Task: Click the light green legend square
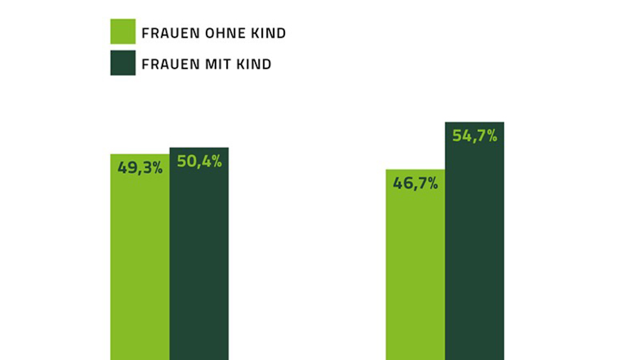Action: [123, 31]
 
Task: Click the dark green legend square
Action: [123, 63]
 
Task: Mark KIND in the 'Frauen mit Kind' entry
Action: [254, 64]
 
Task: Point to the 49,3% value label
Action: [140, 168]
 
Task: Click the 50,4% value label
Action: [199, 161]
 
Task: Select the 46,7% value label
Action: [415, 183]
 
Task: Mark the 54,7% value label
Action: [474, 136]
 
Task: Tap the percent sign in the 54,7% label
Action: [492, 136]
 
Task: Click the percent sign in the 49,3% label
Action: [157, 168]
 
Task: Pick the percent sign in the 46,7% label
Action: [433, 183]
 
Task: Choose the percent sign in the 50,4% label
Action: [217, 161]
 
